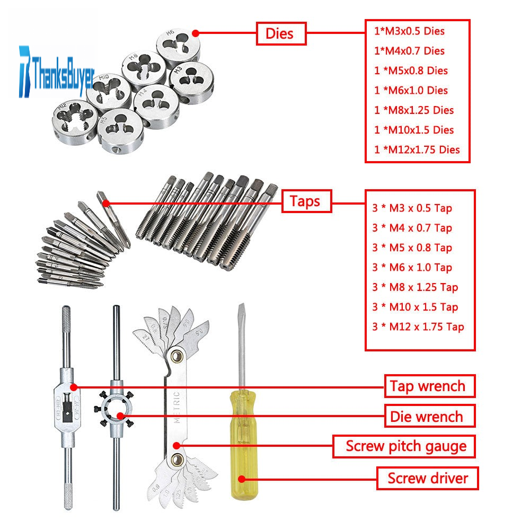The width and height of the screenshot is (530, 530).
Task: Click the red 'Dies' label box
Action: tap(281, 34)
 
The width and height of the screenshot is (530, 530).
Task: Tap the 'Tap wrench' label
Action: tap(428, 386)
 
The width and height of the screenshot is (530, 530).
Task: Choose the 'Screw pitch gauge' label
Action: tap(406, 446)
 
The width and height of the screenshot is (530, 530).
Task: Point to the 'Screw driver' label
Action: tap(428, 479)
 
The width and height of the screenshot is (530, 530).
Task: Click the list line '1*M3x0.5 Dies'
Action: tap(409, 31)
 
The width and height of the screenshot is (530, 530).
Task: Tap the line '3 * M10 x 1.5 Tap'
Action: tap(414, 307)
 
